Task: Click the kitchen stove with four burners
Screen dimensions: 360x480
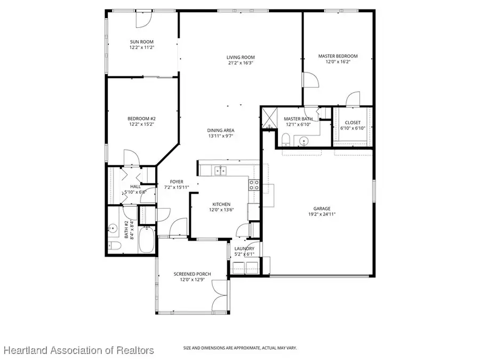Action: click(254, 185)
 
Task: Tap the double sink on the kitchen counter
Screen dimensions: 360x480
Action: click(219, 171)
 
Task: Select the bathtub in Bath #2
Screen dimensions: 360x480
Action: click(146, 241)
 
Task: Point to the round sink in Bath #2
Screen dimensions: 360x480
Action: click(113, 229)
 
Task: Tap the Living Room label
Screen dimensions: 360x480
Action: click(241, 58)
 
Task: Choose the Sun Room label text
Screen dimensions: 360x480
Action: click(141, 42)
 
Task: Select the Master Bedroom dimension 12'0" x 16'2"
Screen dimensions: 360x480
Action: click(338, 62)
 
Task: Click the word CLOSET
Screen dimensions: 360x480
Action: click(353, 123)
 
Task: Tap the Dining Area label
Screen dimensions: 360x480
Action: click(221, 131)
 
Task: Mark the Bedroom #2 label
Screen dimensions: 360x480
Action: click(141, 118)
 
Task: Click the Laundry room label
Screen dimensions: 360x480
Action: click(244, 249)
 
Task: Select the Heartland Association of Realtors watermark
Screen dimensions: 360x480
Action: click(78, 350)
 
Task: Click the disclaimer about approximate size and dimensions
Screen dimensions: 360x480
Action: click(240, 348)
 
